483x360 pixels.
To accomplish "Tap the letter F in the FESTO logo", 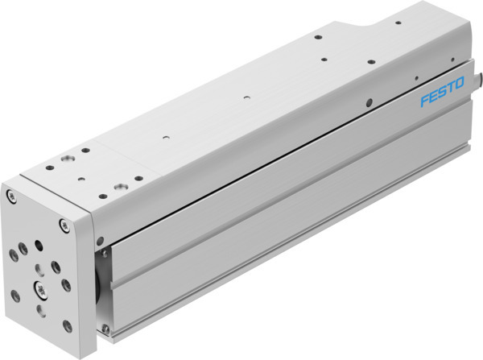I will point(424,104).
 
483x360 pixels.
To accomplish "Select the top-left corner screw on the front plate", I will point(10,196).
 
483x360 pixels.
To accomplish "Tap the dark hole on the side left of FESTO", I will point(369,101).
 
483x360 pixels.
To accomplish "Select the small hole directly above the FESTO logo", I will point(416,79).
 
